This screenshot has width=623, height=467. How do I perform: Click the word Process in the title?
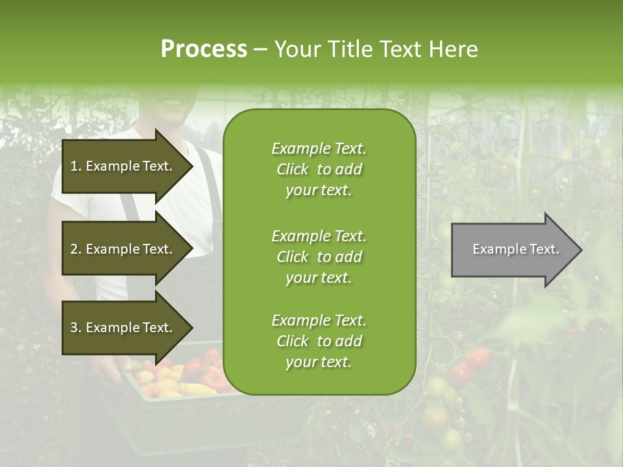click(204, 49)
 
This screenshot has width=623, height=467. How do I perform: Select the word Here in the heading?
click(452, 49)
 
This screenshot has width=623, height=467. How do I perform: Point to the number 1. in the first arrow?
click(76, 166)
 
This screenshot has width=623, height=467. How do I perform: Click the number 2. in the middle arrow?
click(76, 249)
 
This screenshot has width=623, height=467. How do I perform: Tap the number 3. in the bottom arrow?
click(76, 328)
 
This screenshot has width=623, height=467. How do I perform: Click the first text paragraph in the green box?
click(319, 169)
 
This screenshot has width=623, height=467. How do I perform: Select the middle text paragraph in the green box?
click(319, 257)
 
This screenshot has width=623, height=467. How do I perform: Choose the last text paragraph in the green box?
click(319, 341)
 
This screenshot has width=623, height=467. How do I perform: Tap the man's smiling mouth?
click(173, 103)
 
